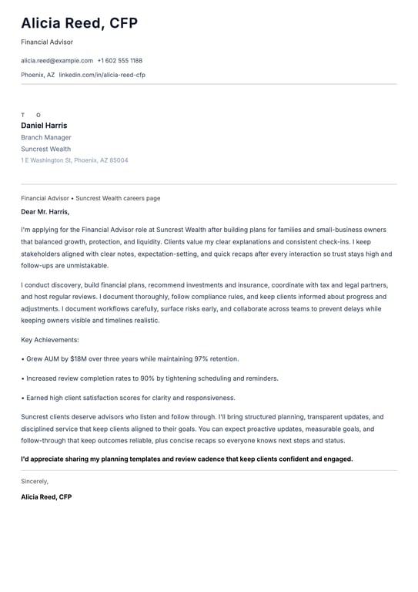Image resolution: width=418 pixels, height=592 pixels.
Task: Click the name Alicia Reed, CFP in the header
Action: (x=79, y=24)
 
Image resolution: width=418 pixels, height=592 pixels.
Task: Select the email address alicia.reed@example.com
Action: (x=57, y=60)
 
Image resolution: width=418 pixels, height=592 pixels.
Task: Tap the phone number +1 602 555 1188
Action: (x=119, y=60)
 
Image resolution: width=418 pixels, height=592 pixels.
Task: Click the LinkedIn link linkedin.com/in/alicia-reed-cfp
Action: (x=102, y=75)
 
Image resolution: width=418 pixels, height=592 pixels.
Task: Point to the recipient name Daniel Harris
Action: (x=44, y=126)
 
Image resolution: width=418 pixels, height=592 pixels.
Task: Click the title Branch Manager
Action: (x=46, y=137)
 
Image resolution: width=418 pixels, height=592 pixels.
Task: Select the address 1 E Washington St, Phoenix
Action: (x=75, y=160)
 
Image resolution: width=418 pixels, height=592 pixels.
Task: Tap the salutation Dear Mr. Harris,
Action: (x=45, y=211)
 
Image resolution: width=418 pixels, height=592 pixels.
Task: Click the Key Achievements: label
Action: (x=50, y=339)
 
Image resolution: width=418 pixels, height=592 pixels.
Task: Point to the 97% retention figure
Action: (x=203, y=358)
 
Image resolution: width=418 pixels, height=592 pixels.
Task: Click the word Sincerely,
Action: (x=35, y=481)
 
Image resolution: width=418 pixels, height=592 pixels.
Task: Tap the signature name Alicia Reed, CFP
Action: (x=46, y=497)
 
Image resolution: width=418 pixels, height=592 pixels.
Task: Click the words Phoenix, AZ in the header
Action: (x=38, y=75)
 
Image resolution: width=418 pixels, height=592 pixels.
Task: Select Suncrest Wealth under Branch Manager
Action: (x=45, y=149)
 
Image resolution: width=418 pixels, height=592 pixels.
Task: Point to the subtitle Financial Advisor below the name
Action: (x=47, y=42)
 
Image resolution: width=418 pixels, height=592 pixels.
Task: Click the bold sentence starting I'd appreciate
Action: (x=186, y=459)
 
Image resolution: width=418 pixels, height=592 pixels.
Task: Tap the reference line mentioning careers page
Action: (x=91, y=198)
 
